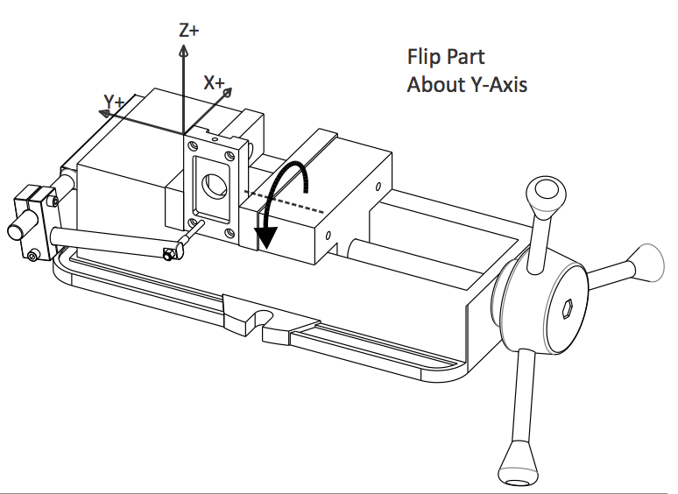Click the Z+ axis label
188,31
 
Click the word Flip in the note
423,58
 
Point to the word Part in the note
464,58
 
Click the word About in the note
432,85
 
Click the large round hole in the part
212,185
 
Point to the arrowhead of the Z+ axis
183,51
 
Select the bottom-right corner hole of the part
229,233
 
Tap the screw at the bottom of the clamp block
32,256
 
